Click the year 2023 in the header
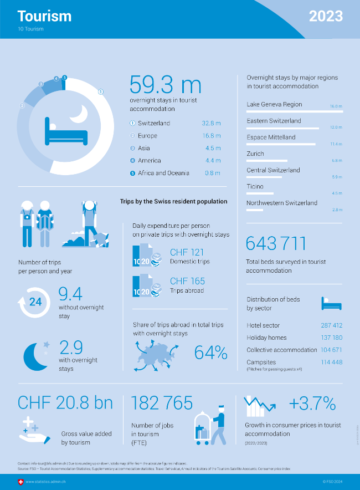click(326, 16)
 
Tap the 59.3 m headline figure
click(165, 85)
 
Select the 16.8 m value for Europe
click(212, 136)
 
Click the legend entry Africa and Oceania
click(163, 173)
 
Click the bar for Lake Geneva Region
click(294, 111)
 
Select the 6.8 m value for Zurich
click(337, 161)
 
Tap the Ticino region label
click(255, 187)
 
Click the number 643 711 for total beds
click(276, 244)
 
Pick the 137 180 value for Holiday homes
click(331, 338)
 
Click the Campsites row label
click(261, 362)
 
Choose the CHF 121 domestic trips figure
click(187, 253)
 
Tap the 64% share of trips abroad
click(211, 353)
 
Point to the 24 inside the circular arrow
click(35, 302)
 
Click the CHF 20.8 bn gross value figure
click(65, 403)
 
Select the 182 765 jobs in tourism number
click(162, 403)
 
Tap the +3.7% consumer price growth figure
click(312, 403)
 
